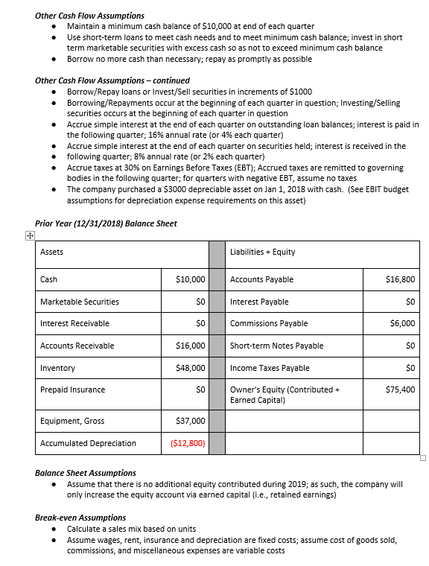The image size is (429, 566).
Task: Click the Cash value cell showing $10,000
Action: click(x=190, y=279)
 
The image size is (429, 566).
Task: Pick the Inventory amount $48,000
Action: click(x=190, y=368)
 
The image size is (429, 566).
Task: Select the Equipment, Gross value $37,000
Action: click(x=190, y=421)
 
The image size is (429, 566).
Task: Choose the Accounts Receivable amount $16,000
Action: click(x=190, y=346)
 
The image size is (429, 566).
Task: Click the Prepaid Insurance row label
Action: click(x=72, y=389)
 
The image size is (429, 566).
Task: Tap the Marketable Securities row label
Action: click(x=79, y=302)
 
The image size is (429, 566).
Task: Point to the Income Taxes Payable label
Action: click(x=270, y=368)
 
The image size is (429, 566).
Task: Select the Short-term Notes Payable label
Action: click(x=277, y=346)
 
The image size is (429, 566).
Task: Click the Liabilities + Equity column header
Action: click(x=263, y=252)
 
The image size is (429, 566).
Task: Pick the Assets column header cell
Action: click(x=51, y=252)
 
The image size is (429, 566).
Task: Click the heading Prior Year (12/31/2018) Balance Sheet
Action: click(x=106, y=223)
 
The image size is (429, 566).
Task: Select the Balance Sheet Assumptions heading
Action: click(x=86, y=473)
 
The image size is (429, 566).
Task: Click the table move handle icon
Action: click(x=28, y=236)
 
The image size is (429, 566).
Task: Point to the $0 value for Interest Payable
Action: click(x=409, y=302)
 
